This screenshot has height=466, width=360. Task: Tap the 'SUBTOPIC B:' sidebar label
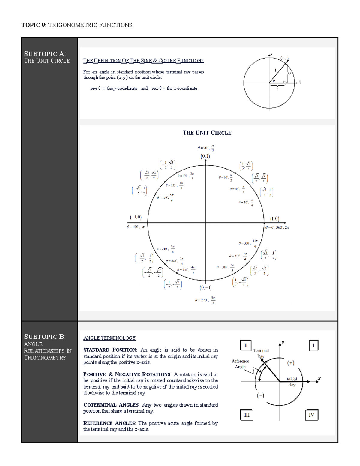(x=45, y=337)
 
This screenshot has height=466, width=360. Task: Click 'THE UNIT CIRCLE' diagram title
(x=207, y=133)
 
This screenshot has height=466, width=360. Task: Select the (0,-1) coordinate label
(x=206, y=288)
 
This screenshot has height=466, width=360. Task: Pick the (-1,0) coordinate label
(x=136, y=217)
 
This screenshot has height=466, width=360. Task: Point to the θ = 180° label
(x=136, y=227)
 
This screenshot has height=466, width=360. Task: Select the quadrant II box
(x=246, y=345)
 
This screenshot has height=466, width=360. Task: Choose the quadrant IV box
(x=311, y=415)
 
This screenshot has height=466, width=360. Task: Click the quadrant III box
(x=247, y=415)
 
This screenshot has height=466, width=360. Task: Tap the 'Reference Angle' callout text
(x=240, y=364)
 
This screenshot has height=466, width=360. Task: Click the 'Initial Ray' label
(x=292, y=382)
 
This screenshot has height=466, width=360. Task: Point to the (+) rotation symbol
(x=291, y=363)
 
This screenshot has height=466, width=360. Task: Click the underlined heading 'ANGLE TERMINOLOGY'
(x=109, y=338)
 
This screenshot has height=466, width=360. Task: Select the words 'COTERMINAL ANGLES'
(x=111, y=405)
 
